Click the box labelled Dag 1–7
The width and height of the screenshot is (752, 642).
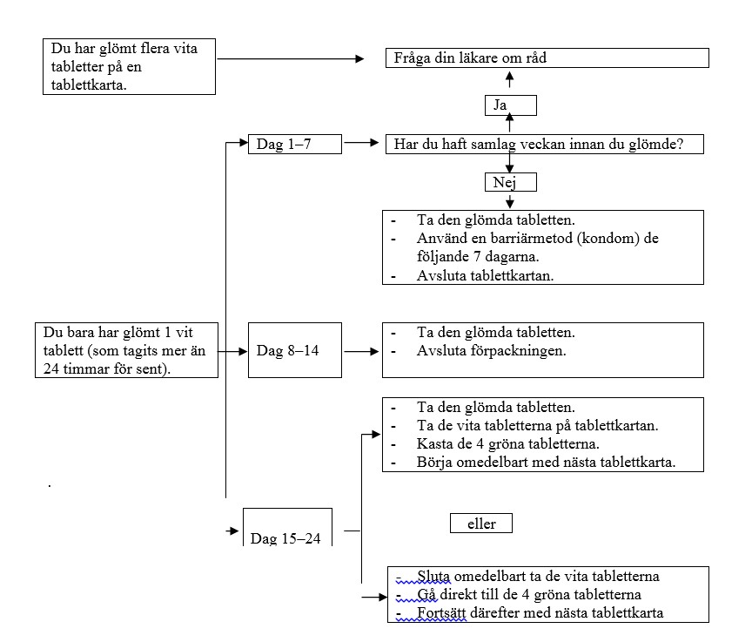tap(294, 144)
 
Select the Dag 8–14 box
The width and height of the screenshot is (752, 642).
tap(294, 350)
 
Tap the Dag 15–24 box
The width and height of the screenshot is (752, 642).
tap(287, 527)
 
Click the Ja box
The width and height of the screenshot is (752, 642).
tap(510, 105)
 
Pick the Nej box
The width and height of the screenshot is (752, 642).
tap(510, 182)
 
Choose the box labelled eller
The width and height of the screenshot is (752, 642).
tap(481, 523)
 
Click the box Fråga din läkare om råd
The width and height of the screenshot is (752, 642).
tap(547, 58)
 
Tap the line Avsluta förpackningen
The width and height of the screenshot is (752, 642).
tap(491, 351)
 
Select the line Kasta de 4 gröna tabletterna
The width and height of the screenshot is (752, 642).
tap(508, 444)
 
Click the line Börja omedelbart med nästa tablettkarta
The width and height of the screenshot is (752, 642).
tap(546, 462)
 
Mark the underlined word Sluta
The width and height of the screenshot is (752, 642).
tap(433, 576)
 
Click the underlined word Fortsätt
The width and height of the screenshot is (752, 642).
tap(441, 612)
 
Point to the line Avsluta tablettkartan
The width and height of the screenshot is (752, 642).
tap(485, 275)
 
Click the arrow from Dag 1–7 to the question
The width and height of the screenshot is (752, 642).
tap(361, 143)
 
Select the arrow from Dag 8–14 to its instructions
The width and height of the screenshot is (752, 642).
tap(361, 352)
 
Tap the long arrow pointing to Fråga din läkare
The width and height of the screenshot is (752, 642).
tap(291, 58)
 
